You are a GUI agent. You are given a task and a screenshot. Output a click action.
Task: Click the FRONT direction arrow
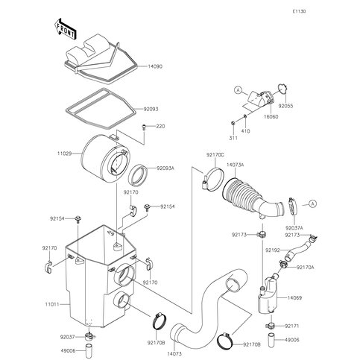point(65,29)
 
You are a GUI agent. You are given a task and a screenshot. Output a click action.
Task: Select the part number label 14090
point(155,66)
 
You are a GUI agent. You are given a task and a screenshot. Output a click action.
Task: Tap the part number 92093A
point(165,168)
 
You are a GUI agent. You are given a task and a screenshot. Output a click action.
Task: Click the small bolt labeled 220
point(144,127)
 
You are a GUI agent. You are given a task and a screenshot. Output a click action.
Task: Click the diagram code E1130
point(299,11)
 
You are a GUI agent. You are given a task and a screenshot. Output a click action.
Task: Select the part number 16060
point(271,117)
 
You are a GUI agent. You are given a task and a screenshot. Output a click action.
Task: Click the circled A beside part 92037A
point(313,204)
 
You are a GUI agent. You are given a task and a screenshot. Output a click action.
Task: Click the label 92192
point(273,250)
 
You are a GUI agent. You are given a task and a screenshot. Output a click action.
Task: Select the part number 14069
point(294,297)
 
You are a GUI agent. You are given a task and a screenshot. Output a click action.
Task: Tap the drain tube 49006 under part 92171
point(271,340)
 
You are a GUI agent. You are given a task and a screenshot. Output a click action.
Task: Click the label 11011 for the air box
point(52,304)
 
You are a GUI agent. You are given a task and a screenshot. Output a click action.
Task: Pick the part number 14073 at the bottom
point(174,354)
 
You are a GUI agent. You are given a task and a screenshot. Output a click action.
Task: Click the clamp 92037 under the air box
point(89,337)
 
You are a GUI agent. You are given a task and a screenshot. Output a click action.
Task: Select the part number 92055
point(285,106)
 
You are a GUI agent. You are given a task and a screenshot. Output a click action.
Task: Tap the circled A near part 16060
point(239,90)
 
